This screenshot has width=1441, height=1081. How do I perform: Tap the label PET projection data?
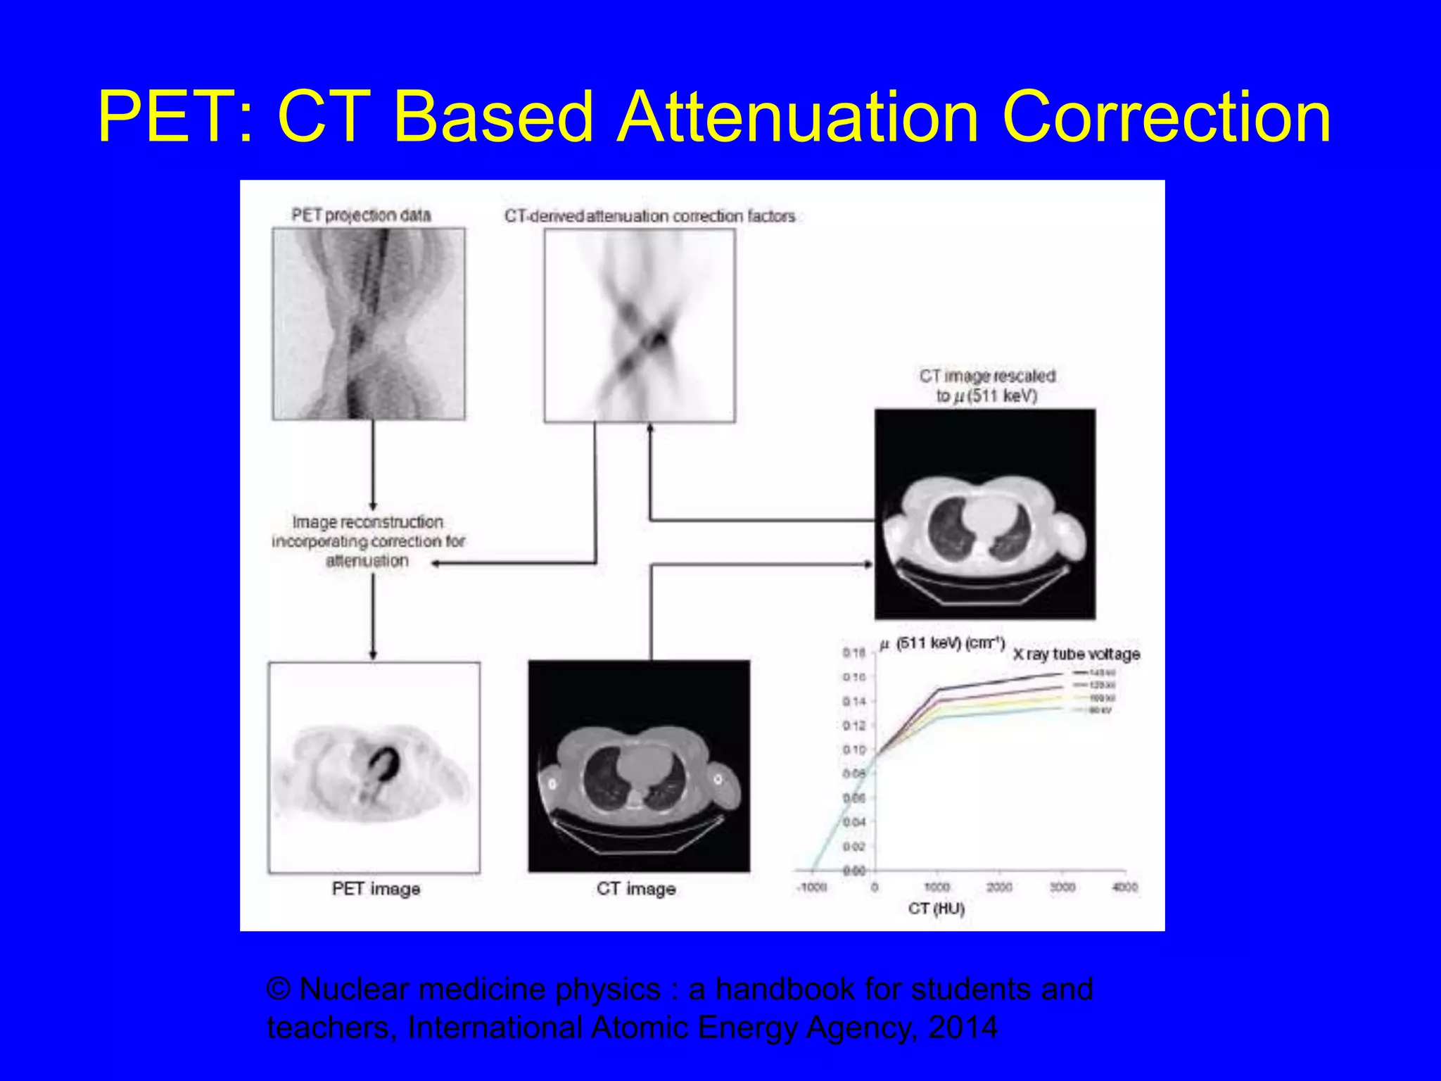tap(361, 215)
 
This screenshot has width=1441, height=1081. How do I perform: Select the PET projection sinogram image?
tap(369, 324)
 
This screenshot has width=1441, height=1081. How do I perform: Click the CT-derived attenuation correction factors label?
tap(649, 216)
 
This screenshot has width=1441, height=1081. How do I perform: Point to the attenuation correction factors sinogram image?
tap(640, 325)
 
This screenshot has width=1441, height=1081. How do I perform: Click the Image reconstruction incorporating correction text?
tap(368, 540)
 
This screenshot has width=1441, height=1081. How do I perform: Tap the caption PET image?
tap(376, 889)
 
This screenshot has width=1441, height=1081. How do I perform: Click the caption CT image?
tap(636, 889)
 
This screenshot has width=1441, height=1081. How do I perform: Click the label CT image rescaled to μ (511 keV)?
tap(986, 386)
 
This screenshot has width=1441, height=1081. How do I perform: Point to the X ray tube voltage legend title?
tap(1076, 654)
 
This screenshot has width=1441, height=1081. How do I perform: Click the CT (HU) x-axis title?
tap(936, 909)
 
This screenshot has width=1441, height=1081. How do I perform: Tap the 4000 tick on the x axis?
tap(1124, 887)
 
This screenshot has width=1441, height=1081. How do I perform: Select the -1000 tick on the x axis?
tap(811, 887)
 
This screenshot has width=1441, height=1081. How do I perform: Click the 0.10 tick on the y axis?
tap(853, 750)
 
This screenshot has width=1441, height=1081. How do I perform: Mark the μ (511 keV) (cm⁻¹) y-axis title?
tap(941, 643)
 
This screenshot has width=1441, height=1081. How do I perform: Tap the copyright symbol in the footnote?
tap(279, 990)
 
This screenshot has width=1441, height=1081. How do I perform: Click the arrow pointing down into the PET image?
tap(373, 653)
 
